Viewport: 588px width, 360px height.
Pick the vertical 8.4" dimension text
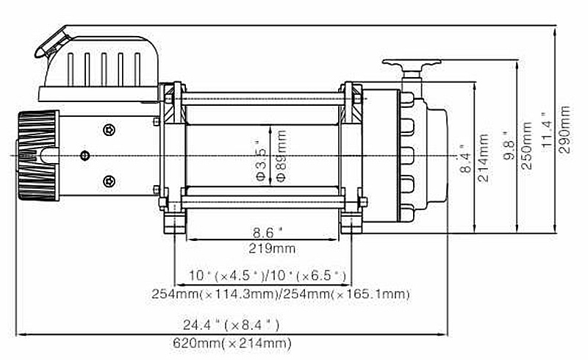coord(463,157)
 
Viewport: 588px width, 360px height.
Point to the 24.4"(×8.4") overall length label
coord(231,324)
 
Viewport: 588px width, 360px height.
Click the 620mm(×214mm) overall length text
coord(232,342)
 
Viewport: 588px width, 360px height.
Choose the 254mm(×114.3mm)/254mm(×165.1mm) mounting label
coord(280,294)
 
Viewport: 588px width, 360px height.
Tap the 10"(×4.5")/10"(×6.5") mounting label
coord(266,276)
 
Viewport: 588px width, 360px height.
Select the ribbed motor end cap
coord(37,155)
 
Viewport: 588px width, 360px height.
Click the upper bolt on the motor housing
coord(110,130)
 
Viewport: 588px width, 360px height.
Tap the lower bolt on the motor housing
coord(110,181)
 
